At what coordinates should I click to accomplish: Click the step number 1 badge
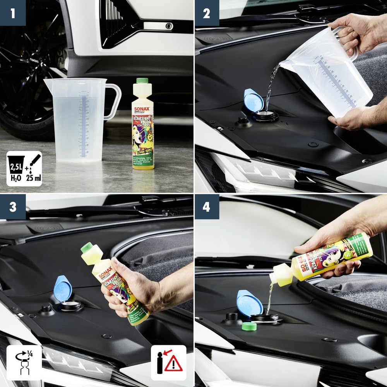coord(13,13)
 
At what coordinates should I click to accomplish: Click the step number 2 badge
coord(206,13)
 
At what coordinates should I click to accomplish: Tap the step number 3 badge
coord(13,207)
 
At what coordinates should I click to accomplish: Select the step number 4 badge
coord(206,207)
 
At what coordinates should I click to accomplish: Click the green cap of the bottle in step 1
coord(142,81)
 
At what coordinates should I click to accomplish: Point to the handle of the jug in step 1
coord(113,101)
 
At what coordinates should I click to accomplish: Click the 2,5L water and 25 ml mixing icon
coord(24,169)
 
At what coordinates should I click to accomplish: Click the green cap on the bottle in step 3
coord(87,247)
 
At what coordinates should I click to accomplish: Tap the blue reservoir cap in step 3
coord(63,288)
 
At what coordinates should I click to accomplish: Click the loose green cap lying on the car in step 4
coord(249,326)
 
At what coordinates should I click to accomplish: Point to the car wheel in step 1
coord(31,77)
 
